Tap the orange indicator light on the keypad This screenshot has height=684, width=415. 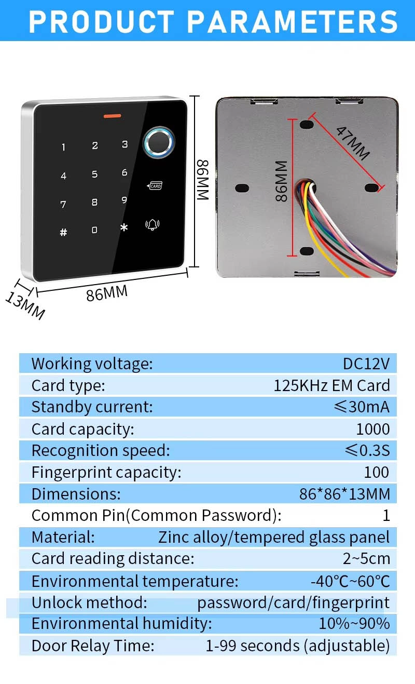(x=112, y=116)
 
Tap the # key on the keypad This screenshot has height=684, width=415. (x=63, y=232)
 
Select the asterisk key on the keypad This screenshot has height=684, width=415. (x=124, y=227)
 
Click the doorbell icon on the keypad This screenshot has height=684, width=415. (x=153, y=225)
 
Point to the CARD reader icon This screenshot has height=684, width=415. (x=155, y=185)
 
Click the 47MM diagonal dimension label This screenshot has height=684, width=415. (x=353, y=143)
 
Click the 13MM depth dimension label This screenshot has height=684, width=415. (x=25, y=306)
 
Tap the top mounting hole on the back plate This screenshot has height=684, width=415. (x=307, y=125)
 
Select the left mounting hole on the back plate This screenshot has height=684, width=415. (x=242, y=188)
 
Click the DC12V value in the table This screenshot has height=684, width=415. (x=366, y=364)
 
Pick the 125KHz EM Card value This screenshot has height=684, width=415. (x=332, y=385)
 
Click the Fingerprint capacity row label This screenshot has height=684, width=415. (x=106, y=473)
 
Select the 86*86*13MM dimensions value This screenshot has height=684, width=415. (x=344, y=494)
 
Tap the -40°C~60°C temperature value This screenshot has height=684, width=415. (x=350, y=581)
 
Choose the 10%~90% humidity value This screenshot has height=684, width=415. (x=354, y=624)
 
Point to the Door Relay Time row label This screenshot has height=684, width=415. (x=93, y=646)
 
